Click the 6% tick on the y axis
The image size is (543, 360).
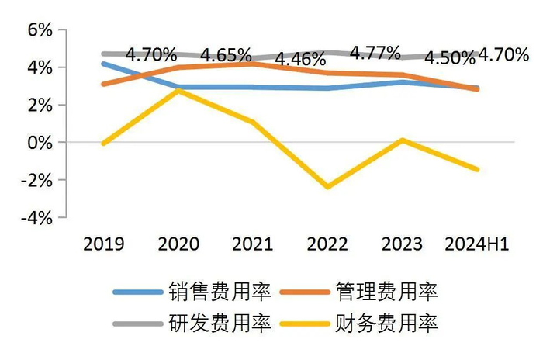click(37, 30)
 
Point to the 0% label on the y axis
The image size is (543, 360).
click(37, 143)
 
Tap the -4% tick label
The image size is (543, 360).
click(35, 218)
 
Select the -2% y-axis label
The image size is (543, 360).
click(35, 181)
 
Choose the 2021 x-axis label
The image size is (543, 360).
click(254, 244)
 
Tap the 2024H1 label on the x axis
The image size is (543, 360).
click(476, 244)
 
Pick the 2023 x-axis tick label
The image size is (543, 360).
click(403, 244)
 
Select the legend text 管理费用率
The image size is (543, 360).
click(388, 292)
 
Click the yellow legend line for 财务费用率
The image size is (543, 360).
click(308, 324)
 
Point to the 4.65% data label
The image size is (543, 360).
click(227, 56)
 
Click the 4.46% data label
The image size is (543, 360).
click(300, 60)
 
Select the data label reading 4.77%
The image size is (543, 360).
click(375, 53)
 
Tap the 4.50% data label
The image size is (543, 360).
click(449, 58)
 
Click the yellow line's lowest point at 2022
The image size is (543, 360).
click(328, 187)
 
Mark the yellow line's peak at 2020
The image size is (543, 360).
click(179, 90)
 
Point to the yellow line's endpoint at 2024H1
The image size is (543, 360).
click(476, 169)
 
